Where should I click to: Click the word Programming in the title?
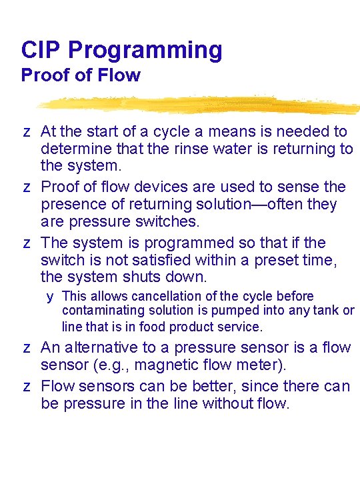(x=145, y=51)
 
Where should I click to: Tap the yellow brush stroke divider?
(x=199, y=105)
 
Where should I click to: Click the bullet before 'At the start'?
(x=27, y=132)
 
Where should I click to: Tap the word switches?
(x=167, y=221)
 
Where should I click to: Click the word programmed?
(x=189, y=244)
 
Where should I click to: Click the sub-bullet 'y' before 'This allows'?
(x=49, y=297)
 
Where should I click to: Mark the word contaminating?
(x=103, y=311)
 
